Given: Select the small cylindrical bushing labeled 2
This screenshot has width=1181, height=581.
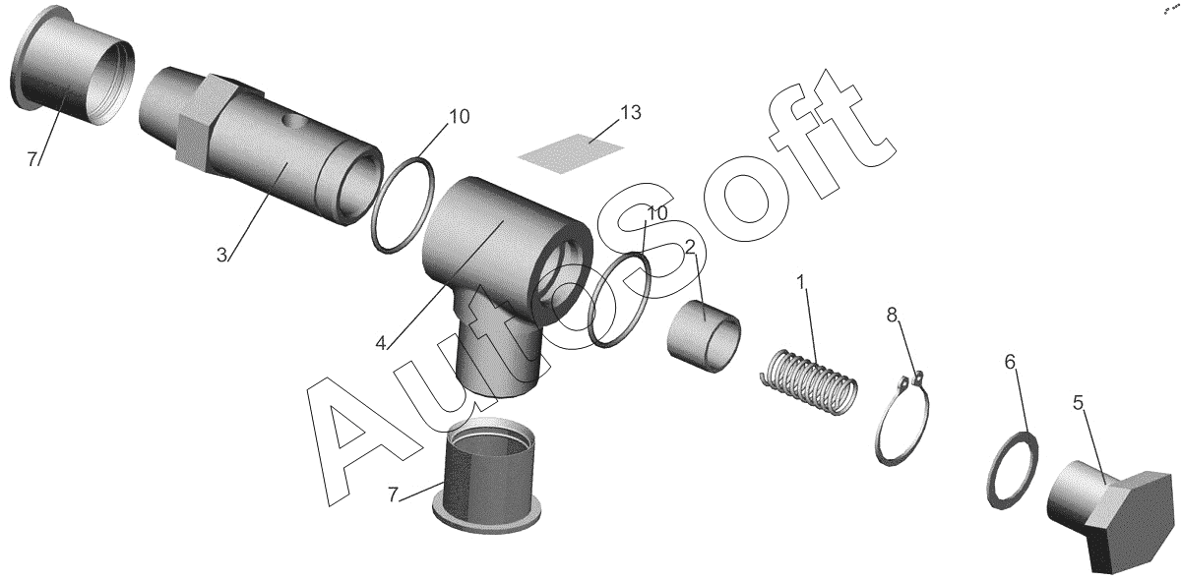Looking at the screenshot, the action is (705, 336).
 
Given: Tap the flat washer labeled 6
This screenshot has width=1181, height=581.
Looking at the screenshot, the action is (1013, 470).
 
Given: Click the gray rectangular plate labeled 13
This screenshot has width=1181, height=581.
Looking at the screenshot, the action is (571, 152).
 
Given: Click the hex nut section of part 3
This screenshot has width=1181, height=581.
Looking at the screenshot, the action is (203, 127).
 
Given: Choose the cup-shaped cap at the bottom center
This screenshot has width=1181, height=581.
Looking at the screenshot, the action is (487, 474).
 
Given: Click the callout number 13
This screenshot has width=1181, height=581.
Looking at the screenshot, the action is (631, 112).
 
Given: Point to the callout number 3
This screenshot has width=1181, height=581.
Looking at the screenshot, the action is (221, 255).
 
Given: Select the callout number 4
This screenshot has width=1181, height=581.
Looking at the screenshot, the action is (381, 343).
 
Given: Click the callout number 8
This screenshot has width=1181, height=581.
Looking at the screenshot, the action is (892, 315).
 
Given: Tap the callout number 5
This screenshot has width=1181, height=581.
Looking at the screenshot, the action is (1079, 403).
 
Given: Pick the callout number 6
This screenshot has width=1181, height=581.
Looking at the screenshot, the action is (1010, 362).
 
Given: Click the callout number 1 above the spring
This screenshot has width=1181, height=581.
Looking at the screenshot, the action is (801, 283).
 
